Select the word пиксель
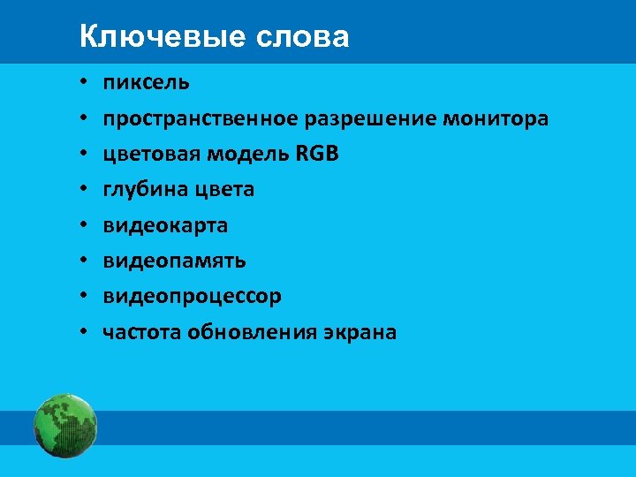(146, 83)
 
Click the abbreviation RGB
(317, 154)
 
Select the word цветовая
(151, 154)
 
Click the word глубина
(141, 189)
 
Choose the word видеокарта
(165, 225)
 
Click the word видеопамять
(174, 261)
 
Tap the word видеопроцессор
(192, 296)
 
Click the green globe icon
(64, 425)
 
